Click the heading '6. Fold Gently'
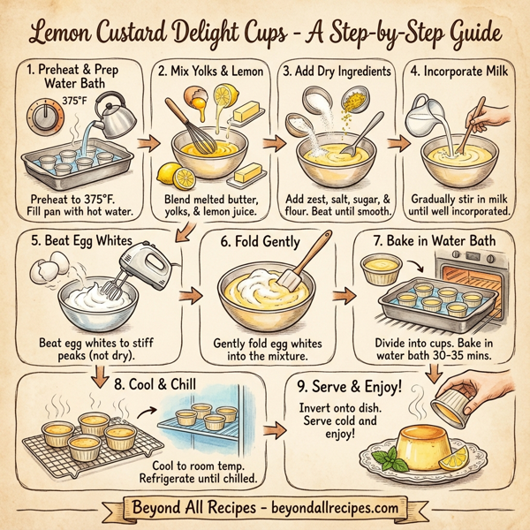tap(254, 240)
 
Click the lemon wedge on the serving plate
tap(457, 458)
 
